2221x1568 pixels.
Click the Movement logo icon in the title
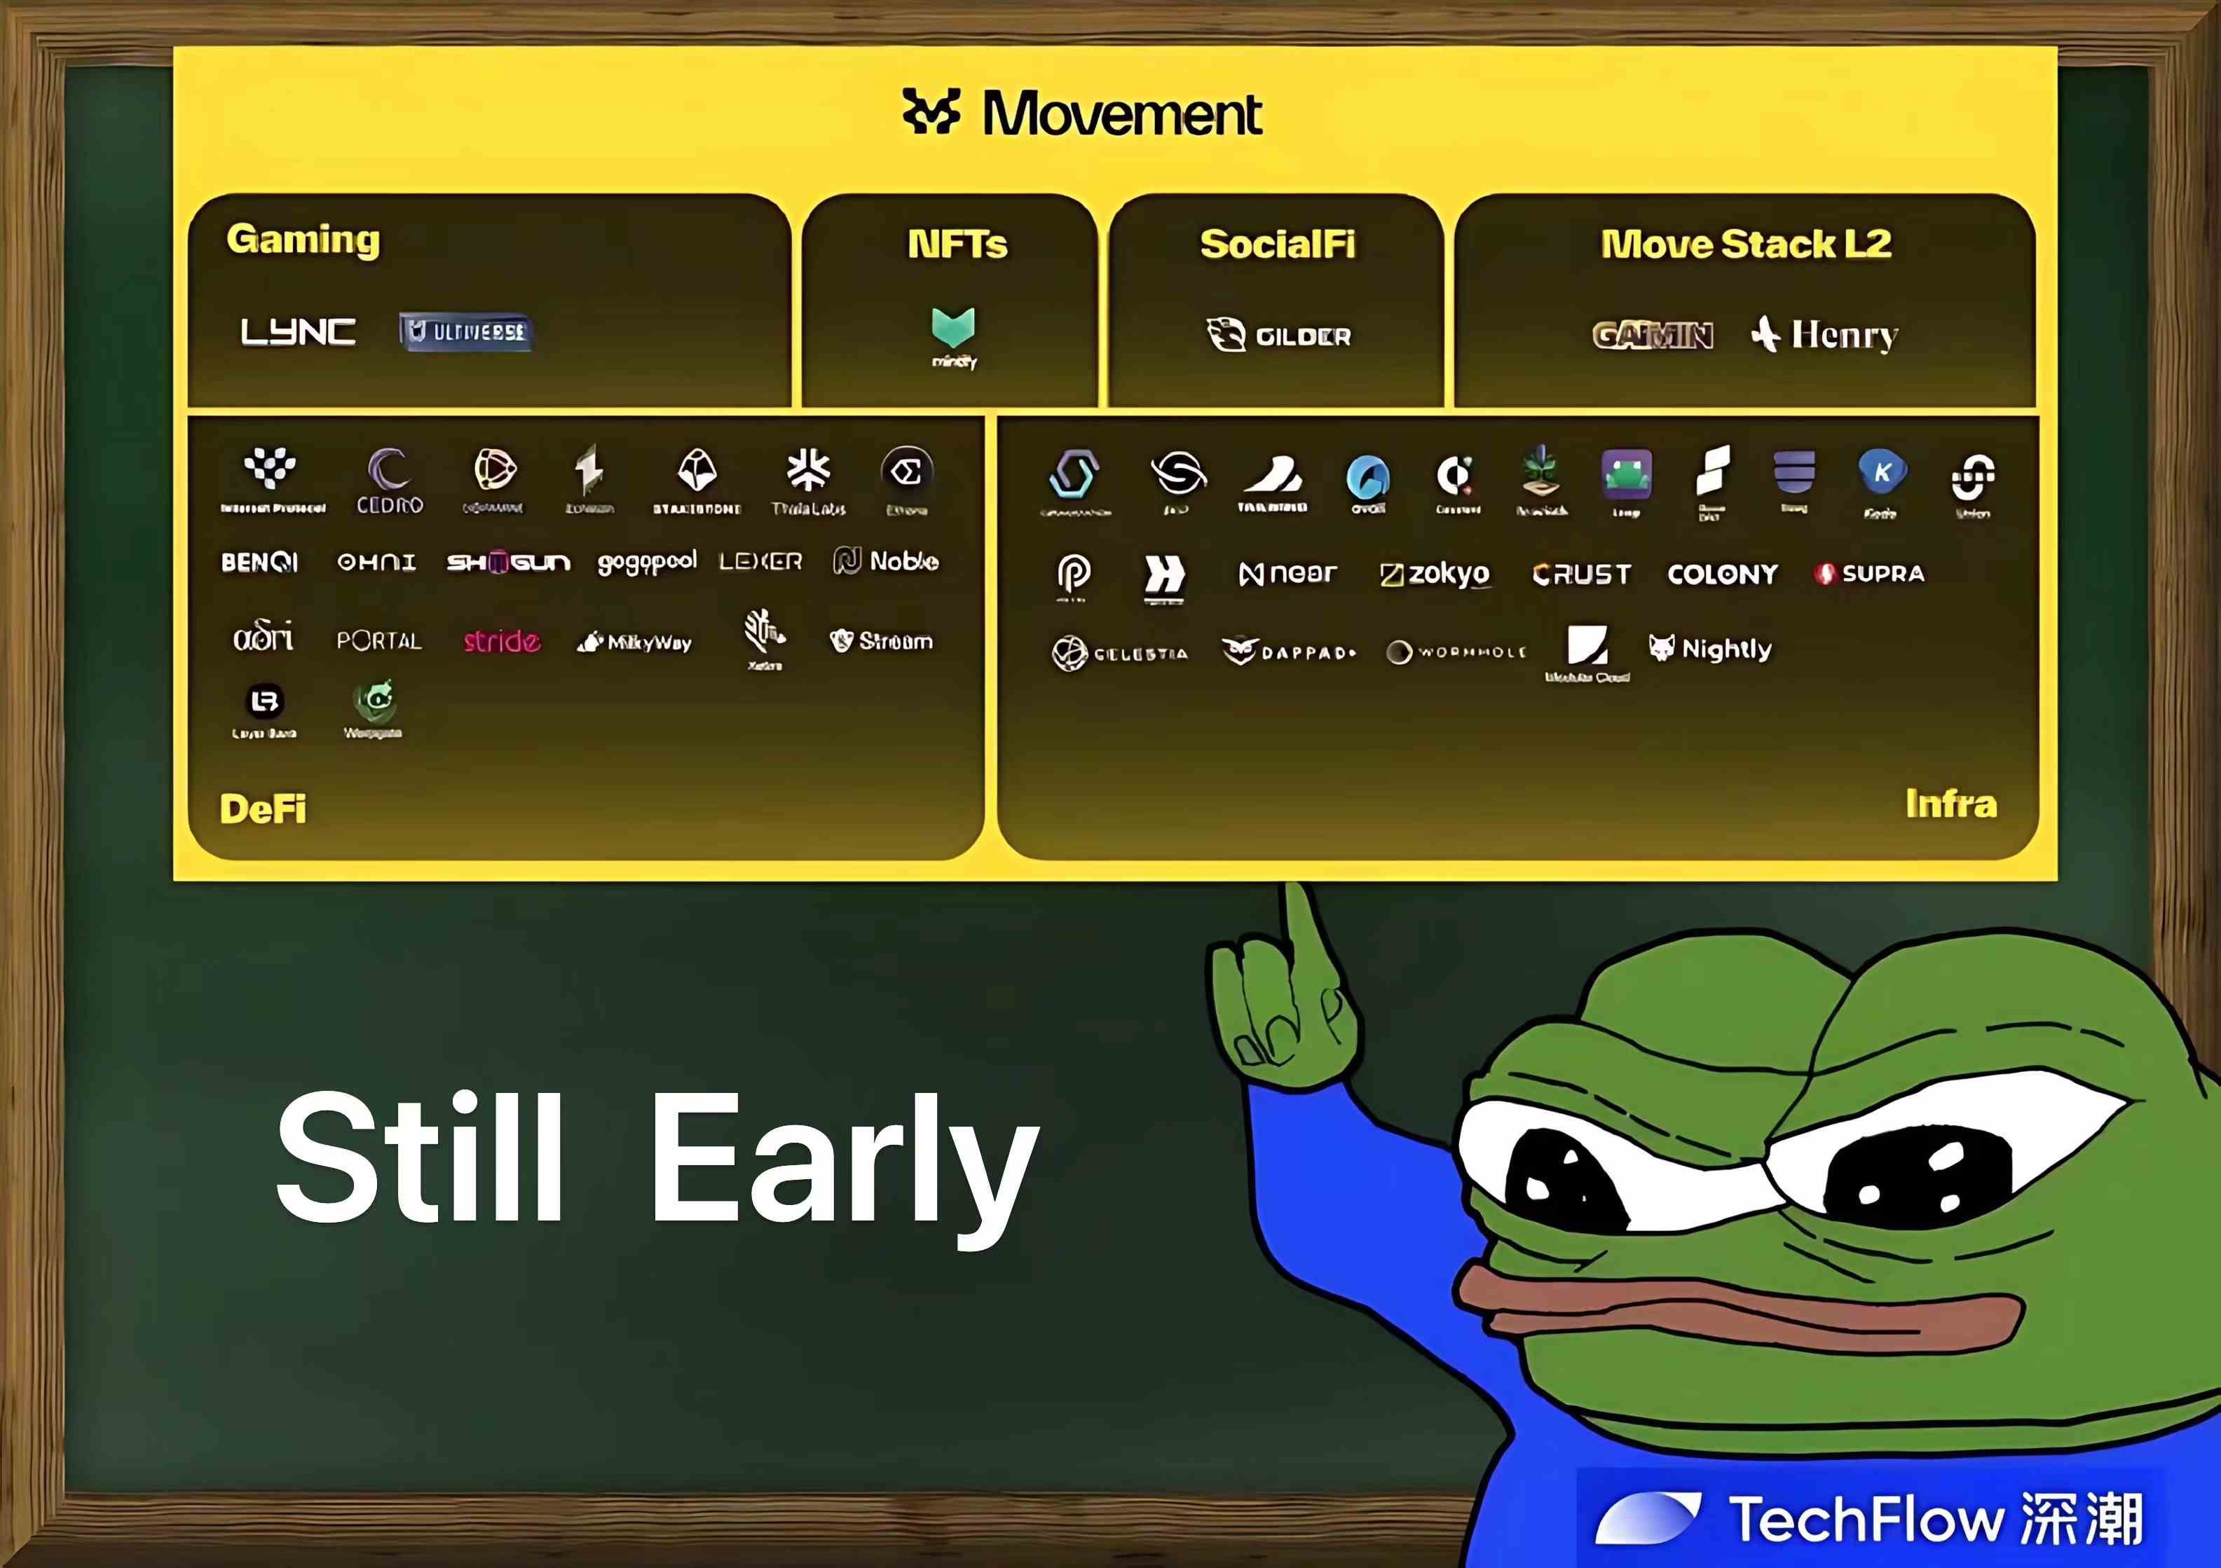pyautogui.click(x=931, y=111)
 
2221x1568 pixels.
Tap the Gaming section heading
pyautogui.click(x=303, y=239)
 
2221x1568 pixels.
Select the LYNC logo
pyautogui.click(x=298, y=332)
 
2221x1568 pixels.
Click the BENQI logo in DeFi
pyautogui.click(x=259, y=562)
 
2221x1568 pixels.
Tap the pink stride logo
pyautogui.click(x=501, y=641)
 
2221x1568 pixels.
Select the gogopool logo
pyautogui.click(x=646, y=562)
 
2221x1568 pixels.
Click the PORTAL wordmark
pyautogui.click(x=379, y=640)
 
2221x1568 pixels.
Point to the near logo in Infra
pyautogui.click(x=1287, y=574)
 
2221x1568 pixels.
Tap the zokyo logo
pyautogui.click(x=1435, y=574)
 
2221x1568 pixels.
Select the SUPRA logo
pyautogui.click(x=1870, y=574)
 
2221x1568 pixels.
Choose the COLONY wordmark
pyautogui.click(x=1722, y=575)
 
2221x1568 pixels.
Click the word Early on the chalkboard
pyautogui.click(x=842, y=1161)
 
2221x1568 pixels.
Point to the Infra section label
pyautogui.click(x=1950, y=804)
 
